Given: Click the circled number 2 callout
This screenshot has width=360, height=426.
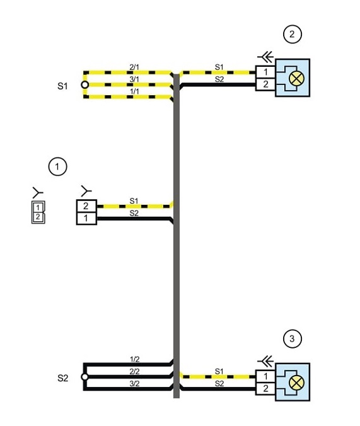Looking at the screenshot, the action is (x=293, y=34).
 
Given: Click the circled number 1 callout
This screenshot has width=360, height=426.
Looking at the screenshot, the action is (x=57, y=166).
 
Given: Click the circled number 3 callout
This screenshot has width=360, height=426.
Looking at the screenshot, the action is (x=293, y=338).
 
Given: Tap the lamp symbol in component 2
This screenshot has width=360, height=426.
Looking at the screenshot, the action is (x=296, y=78).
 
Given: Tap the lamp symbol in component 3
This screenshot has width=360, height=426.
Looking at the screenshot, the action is (x=296, y=383).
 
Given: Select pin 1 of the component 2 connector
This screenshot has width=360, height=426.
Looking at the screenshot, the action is (x=265, y=72).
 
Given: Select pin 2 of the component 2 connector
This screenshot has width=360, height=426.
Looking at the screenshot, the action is (x=265, y=84).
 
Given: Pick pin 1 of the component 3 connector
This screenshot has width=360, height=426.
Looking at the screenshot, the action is (x=265, y=376).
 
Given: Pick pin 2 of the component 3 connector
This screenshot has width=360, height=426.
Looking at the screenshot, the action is (x=265, y=389).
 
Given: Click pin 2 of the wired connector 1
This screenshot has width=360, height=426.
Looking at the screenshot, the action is (x=86, y=206).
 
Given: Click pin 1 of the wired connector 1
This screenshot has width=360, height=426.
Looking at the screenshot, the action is (x=86, y=219).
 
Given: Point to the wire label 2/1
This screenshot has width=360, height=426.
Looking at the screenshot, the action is (x=134, y=67).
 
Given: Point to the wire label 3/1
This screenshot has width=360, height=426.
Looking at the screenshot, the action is (x=134, y=79).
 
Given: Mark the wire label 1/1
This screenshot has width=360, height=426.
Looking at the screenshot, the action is (x=134, y=91).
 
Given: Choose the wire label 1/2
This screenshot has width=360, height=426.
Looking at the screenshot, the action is (x=134, y=359).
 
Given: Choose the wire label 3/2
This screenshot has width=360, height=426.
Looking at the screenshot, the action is (x=134, y=384).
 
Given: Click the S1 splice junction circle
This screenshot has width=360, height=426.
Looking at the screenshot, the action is (x=85, y=85).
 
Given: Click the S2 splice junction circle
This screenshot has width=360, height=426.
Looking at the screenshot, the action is (x=85, y=377).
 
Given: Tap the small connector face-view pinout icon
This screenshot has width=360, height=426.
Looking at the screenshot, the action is (x=38, y=212).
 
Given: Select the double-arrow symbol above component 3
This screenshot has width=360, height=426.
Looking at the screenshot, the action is (x=265, y=362).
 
